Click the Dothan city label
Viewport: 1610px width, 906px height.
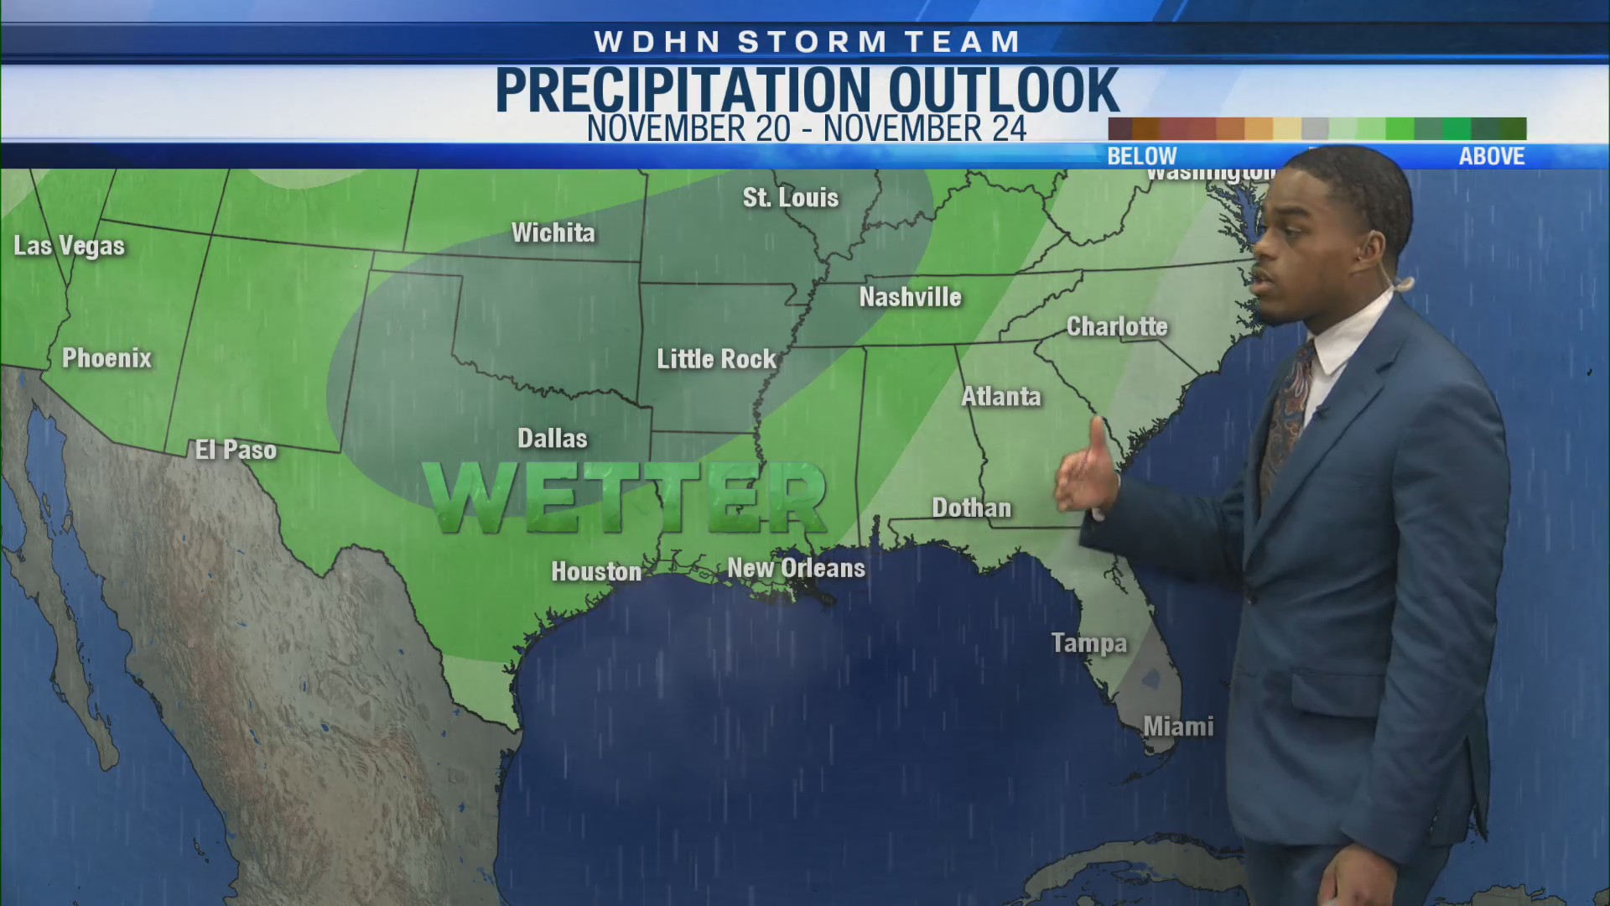pyautogui.click(x=971, y=508)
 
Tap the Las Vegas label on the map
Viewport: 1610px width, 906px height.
pyautogui.click(x=69, y=246)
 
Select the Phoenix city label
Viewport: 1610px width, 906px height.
pyautogui.click(x=106, y=358)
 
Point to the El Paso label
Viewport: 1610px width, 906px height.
pyautogui.click(x=236, y=450)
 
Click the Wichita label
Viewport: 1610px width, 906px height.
pyautogui.click(x=553, y=232)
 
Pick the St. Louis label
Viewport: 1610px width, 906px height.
pyautogui.click(x=790, y=198)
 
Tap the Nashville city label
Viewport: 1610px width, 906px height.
pyautogui.click(x=910, y=297)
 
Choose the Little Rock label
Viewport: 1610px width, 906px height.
pyautogui.click(x=716, y=359)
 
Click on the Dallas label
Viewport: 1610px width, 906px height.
pyautogui.click(x=552, y=438)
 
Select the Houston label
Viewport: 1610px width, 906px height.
pyautogui.click(x=595, y=571)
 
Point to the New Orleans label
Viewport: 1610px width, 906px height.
pyautogui.click(x=796, y=568)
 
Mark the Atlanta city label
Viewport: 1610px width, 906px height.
pyautogui.click(x=1000, y=396)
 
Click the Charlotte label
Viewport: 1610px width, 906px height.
pyautogui.click(x=1116, y=326)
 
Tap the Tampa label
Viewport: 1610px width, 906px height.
pyautogui.click(x=1088, y=643)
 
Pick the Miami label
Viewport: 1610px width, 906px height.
pyautogui.click(x=1178, y=726)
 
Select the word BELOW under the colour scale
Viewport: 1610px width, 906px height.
pyautogui.click(x=1141, y=156)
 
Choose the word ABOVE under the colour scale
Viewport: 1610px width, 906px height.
pyautogui.click(x=1491, y=156)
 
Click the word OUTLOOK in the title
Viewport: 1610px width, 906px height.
pyautogui.click(x=1003, y=91)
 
